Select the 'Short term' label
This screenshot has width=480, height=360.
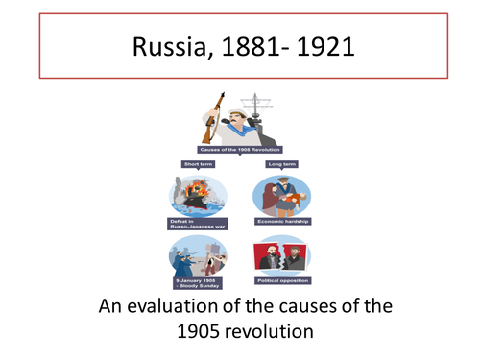click(199, 164)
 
